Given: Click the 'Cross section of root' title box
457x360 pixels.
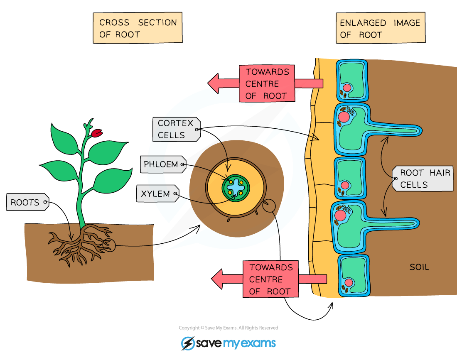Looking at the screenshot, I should (138, 28).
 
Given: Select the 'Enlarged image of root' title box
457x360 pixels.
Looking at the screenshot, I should (380, 29).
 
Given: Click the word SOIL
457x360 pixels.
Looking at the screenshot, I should (419, 267).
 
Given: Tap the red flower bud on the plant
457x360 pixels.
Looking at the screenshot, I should (97, 133).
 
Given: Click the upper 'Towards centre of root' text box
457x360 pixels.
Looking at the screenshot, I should (267, 83).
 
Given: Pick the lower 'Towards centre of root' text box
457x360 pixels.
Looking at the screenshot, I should (270, 279).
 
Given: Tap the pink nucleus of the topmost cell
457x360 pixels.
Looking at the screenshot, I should (346, 88).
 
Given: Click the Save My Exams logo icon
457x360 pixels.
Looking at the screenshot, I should (188, 343).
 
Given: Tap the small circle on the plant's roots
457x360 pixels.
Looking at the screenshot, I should (109, 245).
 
